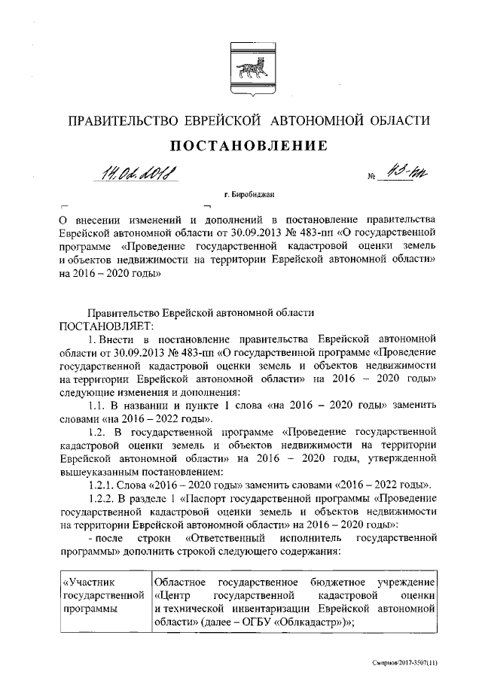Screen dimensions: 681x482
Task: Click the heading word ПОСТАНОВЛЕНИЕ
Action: (241, 145)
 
